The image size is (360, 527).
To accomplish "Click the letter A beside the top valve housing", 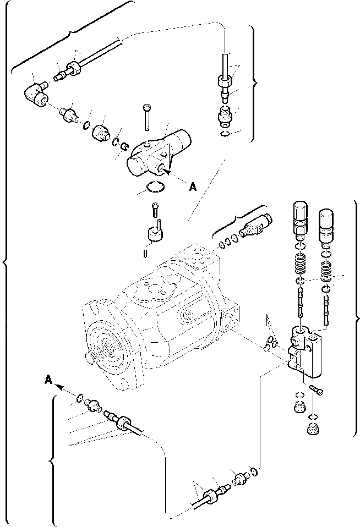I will click(192, 187).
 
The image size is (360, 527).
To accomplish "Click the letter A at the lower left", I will click(48, 379).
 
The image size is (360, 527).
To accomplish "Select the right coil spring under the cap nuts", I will click(327, 271).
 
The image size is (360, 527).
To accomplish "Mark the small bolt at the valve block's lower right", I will click(318, 390).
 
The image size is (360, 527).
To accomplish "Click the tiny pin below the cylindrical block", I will click(144, 253).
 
